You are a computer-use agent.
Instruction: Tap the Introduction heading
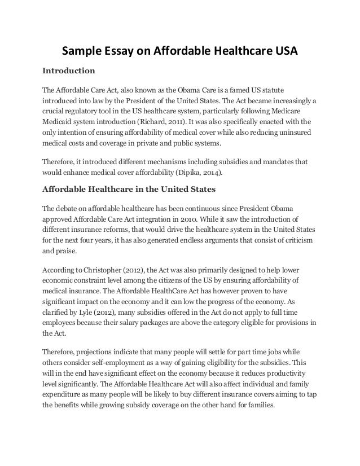pos(68,72)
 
